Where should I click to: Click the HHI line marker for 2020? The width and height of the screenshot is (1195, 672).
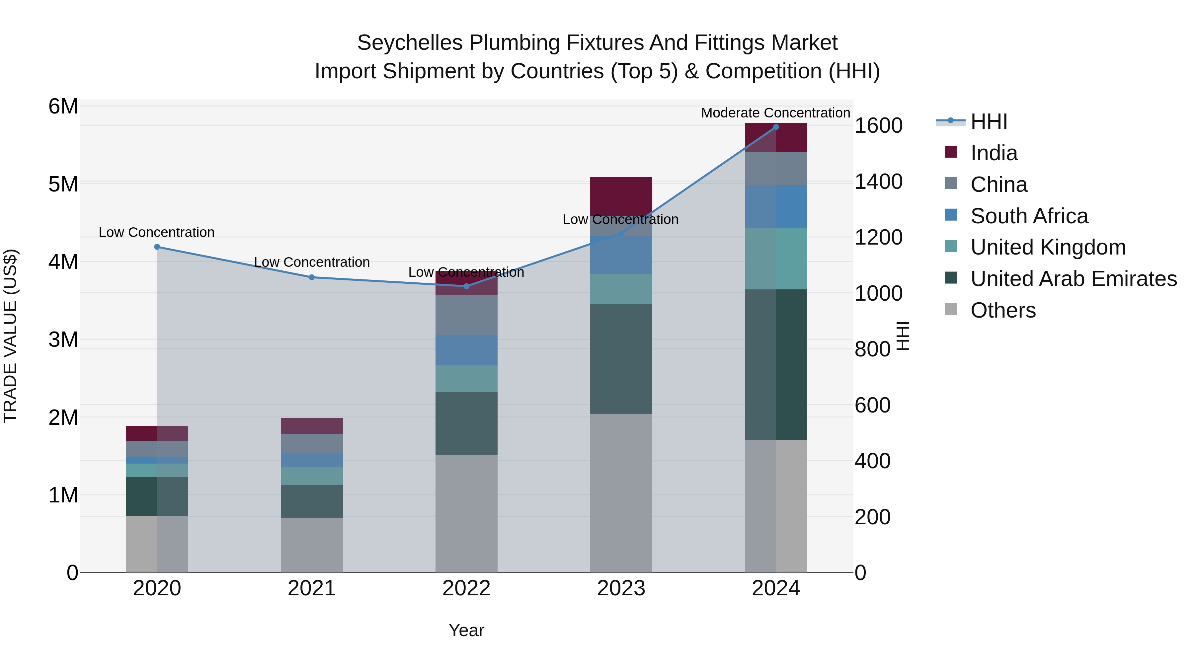(157, 247)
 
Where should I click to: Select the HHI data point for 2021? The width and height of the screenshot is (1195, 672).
(312, 277)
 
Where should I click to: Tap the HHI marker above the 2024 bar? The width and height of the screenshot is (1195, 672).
(776, 127)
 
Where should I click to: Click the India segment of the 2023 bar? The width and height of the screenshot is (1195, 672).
(621, 195)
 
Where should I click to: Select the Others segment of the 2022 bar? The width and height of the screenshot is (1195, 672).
(466, 513)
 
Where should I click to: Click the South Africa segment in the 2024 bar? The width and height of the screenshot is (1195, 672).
(776, 207)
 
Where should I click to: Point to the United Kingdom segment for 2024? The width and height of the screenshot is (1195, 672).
(776, 259)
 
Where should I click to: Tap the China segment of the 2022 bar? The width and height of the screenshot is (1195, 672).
(466, 315)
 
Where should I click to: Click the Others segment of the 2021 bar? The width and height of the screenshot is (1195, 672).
(312, 545)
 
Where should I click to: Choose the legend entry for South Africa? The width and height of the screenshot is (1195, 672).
(1029, 216)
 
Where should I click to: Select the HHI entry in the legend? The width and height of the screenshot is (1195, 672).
(989, 121)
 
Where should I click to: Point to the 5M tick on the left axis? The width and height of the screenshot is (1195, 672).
(63, 184)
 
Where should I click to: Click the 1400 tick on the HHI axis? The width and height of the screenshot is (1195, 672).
(878, 182)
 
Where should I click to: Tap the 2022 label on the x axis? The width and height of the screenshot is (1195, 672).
(466, 588)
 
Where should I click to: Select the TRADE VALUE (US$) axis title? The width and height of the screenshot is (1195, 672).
(11, 336)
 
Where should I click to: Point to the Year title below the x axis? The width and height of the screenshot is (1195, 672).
(466, 630)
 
